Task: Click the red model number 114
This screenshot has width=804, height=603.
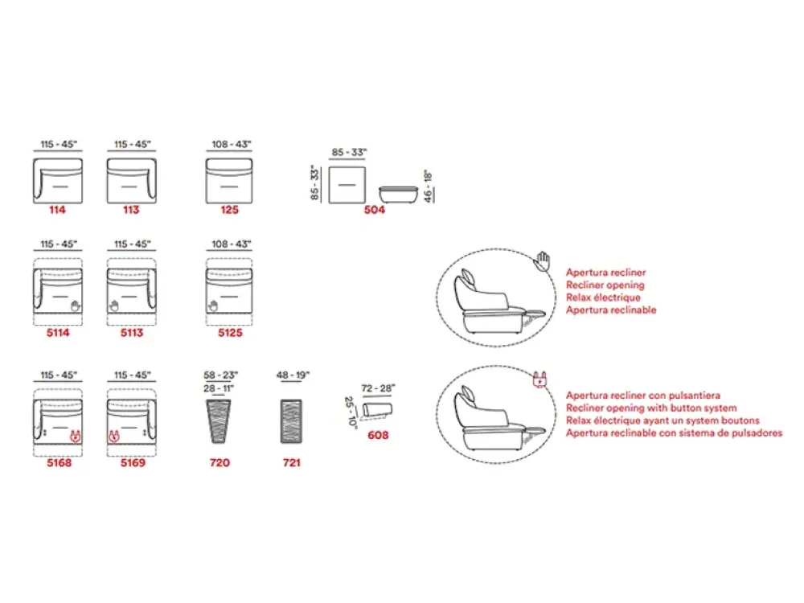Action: [57, 210]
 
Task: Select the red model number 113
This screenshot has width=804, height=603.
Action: [131, 210]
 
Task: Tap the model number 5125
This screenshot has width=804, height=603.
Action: [230, 333]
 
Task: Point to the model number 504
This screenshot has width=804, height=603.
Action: [375, 210]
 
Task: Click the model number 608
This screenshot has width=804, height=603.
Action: [378, 435]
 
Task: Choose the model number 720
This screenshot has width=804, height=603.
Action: [219, 462]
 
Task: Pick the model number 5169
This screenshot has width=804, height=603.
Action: [133, 462]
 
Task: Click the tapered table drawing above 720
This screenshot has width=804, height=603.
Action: [219, 421]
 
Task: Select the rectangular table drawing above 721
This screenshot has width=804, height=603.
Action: [291, 421]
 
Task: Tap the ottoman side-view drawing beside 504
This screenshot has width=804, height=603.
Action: [399, 195]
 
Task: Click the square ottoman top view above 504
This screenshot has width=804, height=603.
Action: [347, 185]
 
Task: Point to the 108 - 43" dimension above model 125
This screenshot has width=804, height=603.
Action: [232, 145]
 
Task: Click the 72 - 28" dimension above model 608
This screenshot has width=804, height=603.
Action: [378, 388]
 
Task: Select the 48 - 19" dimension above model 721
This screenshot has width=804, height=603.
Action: [293, 375]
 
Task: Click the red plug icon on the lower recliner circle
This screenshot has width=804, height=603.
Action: [539, 380]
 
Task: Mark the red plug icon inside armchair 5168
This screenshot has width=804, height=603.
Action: [75, 437]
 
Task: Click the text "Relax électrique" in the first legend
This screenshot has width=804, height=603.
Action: [603, 297]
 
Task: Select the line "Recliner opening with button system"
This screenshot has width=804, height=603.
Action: [651, 408]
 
